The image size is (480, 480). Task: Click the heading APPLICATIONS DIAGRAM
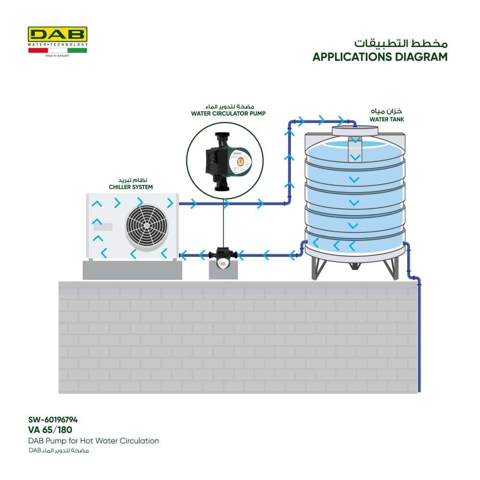tap(380, 57)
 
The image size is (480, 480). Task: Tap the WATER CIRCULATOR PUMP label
tap(228, 114)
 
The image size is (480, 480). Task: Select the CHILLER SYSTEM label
tap(131, 187)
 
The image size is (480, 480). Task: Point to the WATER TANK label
tap(386, 119)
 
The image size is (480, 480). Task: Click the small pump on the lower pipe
tap(224, 256)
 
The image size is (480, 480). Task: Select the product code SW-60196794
tap(53, 419)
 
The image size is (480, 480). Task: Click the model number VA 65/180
tap(50, 430)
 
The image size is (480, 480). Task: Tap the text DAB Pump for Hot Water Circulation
tap(94, 441)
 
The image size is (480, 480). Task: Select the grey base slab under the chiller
tap(132, 270)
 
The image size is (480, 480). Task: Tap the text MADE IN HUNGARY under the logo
tap(57, 56)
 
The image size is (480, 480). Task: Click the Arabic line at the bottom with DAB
tap(59, 451)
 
